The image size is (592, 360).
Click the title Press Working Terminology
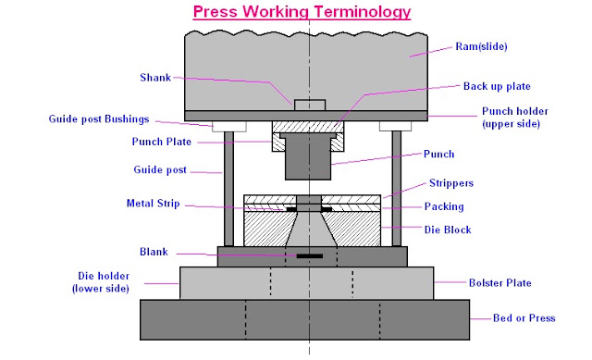(302, 12)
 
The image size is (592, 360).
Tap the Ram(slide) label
(481, 46)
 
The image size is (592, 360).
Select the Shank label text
(155, 78)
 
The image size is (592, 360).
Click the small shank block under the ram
(310, 105)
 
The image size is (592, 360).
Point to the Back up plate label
(497, 86)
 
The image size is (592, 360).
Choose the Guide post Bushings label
(99, 119)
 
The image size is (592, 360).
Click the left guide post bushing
(229, 126)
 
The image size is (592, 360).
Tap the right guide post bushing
(395, 126)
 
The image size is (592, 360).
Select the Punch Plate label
(162, 142)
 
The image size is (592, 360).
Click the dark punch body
(308, 156)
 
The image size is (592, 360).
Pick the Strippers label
(451, 183)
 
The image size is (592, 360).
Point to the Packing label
(444, 206)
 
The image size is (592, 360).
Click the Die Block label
(448, 230)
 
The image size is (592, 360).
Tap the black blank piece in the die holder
(310, 256)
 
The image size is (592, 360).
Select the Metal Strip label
(153, 204)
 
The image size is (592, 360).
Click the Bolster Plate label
(499, 283)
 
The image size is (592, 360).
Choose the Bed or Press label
(524, 318)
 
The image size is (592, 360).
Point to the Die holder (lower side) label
(101, 282)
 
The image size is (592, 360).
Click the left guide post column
(228, 189)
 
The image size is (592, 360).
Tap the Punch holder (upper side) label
(515, 118)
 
